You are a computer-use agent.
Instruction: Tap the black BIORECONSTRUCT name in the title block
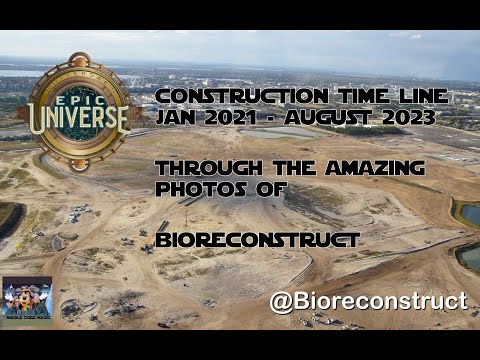click(256, 240)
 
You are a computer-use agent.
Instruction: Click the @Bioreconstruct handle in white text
click(368, 301)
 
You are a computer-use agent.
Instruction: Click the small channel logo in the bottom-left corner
click(27, 297)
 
